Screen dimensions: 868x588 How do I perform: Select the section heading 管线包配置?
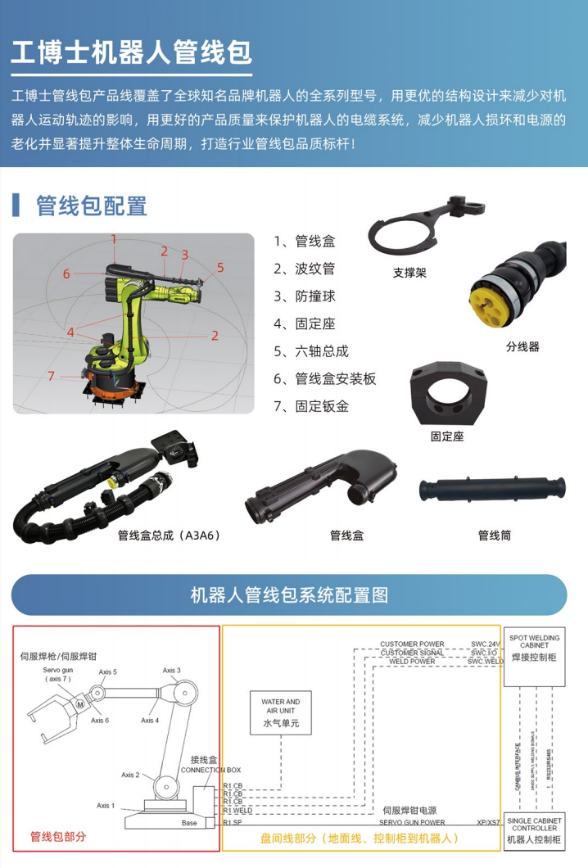(x=91, y=206)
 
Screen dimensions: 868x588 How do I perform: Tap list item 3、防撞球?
(x=305, y=296)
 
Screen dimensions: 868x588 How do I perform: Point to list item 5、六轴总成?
(x=311, y=350)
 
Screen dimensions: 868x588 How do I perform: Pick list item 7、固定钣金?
(x=311, y=405)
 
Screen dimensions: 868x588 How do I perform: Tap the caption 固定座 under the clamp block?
(x=447, y=436)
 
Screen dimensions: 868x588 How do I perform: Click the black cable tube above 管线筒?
(x=495, y=491)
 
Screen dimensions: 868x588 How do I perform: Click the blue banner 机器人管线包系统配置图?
(x=289, y=594)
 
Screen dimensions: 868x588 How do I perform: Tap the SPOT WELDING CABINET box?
(x=534, y=647)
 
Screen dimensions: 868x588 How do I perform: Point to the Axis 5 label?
(x=108, y=671)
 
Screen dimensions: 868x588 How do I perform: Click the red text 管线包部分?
(x=58, y=836)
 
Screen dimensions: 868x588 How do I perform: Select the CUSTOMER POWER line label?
(x=412, y=644)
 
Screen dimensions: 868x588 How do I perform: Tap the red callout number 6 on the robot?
(x=66, y=274)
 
